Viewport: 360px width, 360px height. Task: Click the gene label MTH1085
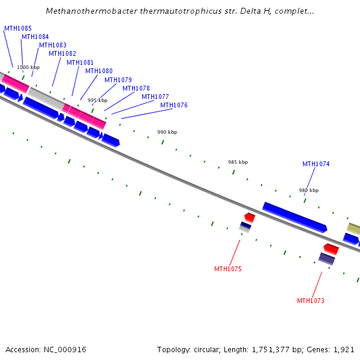(x=18, y=28)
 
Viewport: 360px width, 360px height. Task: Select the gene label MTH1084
(x=35, y=37)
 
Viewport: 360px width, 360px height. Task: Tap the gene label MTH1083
(x=53, y=45)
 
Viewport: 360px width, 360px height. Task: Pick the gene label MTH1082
(x=62, y=53)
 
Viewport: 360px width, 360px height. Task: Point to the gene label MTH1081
(x=80, y=62)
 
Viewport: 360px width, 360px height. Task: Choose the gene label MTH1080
(x=99, y=71)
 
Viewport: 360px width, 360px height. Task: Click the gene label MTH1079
(x=118, y=80)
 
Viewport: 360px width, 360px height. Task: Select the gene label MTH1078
(x=136, y=88)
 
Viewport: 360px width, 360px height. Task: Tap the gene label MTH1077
(x=155, y=97)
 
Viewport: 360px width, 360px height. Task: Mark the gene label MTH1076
(x=174, y=105)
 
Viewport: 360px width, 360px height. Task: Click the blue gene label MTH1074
(x=316, y=164)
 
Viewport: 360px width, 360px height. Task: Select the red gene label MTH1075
(x=228, y=269)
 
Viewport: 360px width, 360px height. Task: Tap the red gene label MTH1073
(x=311, y=301)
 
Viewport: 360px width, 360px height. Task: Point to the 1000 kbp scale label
(x=28, y=67)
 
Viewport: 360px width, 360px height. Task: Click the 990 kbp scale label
(x=167, y=132)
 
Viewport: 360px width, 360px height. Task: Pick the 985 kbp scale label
(x=238, y=162)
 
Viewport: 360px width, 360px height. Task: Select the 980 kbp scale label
(x=308, y=190)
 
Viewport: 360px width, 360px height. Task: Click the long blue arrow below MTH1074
(x=295, y=217)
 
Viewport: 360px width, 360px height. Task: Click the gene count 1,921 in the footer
(x=344, y=349)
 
